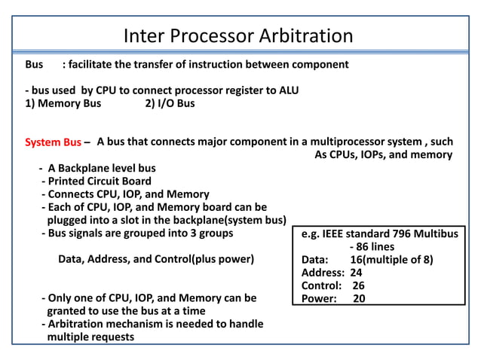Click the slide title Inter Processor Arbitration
(237, 35)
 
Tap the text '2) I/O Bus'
(170, 103)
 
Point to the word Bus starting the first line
(35, 65)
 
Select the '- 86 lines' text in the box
(372, 247)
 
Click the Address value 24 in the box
(356, 273)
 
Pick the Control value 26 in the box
(358, 285)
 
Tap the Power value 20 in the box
(359, 298)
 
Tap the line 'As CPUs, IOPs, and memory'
(382, 155)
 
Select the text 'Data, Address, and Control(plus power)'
(156, 260)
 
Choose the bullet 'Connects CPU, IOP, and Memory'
(124, 194)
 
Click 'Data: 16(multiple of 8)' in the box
(367, 260)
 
